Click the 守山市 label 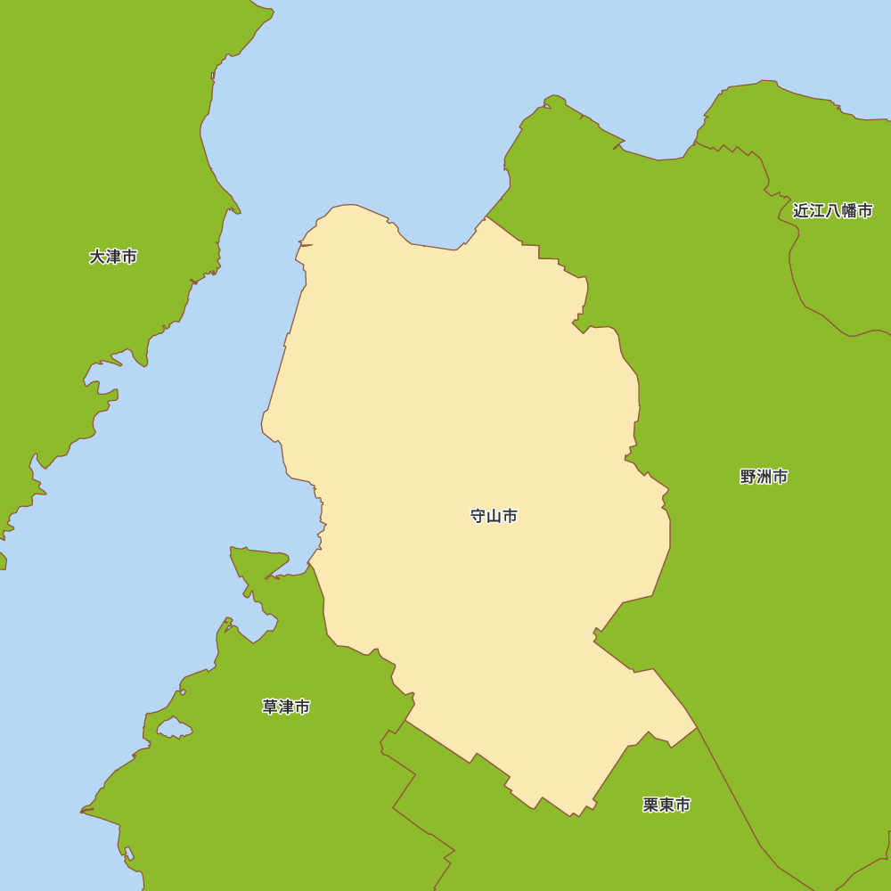tap(494, 516)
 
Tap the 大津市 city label tap(113, 257)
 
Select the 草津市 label tap(286, 707)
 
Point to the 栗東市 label tap(666, 805)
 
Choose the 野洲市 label tap(764, 477)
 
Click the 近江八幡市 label tap(832, 211)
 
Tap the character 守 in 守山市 tap(478, 516)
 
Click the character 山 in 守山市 tap(494, 516)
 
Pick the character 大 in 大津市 tap(97, 257)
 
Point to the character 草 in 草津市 tap(270, 707)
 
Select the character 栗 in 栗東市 tap(650, 805)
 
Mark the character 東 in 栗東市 tap(666, 805)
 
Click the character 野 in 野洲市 tap(748, 477)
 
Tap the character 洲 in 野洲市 tap(764, 477)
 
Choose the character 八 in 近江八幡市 tap(832, 211)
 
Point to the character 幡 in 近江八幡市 tap(848, 211)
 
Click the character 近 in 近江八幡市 tap(801, 211)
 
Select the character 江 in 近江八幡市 tap(817, 211)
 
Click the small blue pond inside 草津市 tap(175, 730)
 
